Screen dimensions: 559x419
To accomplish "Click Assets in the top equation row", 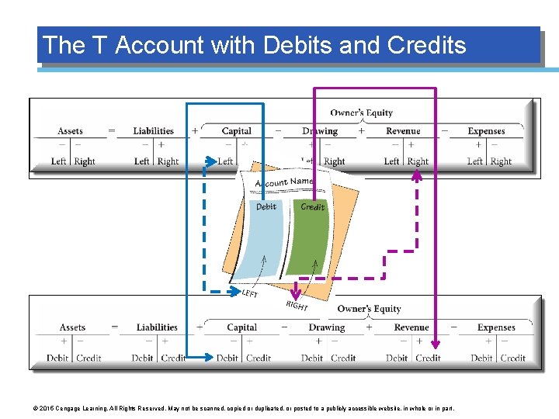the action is [x=70, y=131].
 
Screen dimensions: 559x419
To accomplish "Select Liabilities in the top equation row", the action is [x=151, y=131].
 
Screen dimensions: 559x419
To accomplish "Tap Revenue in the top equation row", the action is [x=403, y=131].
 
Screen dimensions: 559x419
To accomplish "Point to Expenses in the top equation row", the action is [x=486, y=131].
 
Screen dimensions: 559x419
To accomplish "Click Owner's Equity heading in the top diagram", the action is [x=361, y=113].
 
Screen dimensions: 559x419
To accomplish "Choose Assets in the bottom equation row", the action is [x=72, y=327].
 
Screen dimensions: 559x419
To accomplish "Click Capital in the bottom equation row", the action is [x=241, y=327].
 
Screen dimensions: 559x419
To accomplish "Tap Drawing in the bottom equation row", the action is [x=326, y=327].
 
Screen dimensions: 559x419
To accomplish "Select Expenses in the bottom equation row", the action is [x=496, y=327].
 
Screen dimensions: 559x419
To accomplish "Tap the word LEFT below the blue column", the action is [x=250, y=293].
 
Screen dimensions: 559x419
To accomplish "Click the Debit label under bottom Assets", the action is [x=57, y=358].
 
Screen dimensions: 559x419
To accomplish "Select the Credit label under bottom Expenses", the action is [x=512, y=358].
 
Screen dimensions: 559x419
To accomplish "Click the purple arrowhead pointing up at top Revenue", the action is [x=417, y=175].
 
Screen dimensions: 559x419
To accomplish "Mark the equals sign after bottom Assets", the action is [x=115, y=327].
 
